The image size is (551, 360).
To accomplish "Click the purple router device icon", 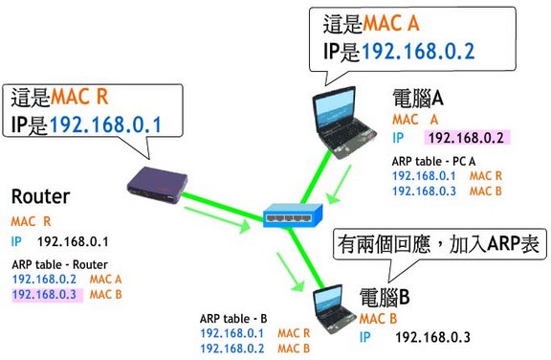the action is click(x=157, y=186).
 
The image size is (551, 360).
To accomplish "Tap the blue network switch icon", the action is click(x=293, y=215).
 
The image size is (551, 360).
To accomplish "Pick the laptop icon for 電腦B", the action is click(x=332, y=309).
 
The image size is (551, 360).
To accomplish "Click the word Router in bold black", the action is click(x=41, y=196).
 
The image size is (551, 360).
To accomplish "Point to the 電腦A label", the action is click(x=417, y=98).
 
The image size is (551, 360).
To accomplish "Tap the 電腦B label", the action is click(x=385, y=298).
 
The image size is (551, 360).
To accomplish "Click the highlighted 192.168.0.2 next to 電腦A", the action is click(x=466, y=138).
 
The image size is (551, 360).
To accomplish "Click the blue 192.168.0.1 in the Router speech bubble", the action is click(x=105, y=124).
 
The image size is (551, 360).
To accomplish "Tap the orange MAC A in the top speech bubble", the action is click(x=391, y=24).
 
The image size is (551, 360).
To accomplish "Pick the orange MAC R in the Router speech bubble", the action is click(x=79, y=97).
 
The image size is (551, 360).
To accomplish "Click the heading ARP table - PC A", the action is click(x=433, y=162).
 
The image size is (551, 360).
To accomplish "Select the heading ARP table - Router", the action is click(x=59, y=264).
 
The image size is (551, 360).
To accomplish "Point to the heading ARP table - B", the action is click(x=233, y=319).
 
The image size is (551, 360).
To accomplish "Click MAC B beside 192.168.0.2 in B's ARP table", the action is click(x=294, y=349).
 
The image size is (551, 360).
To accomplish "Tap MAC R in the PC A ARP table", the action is click(x=486, y=176).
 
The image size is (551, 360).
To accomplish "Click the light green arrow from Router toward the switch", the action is click(x=217, y=220).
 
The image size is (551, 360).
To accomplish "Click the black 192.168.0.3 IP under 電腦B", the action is click(x=432, y=337).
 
